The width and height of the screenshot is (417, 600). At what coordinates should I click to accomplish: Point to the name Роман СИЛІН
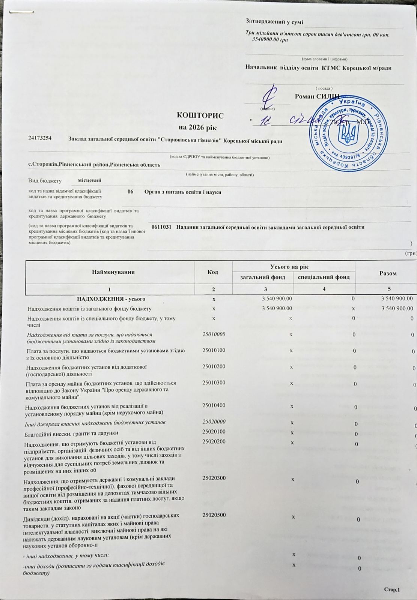pos(317,96)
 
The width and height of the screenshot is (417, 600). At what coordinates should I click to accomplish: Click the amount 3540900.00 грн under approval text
pos(270,40)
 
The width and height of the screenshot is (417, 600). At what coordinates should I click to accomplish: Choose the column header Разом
pos(388,273)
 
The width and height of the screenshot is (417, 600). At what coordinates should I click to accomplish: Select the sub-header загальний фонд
pos(263,277)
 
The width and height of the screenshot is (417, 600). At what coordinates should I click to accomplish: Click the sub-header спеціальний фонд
pos(324,277)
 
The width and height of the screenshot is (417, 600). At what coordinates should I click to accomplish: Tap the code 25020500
pos(214,515)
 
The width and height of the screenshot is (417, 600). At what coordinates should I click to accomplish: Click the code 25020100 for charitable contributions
pos(214,432)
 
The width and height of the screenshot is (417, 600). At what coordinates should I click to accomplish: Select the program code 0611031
pos(161,227)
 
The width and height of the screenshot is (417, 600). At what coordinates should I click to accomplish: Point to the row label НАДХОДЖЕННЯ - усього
pos(111,299)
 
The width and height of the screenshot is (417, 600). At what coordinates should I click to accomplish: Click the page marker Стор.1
pos(392,590)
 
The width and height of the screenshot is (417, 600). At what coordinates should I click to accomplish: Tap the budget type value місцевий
pos(89,180)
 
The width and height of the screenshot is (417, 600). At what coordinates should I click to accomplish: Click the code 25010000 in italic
pos(214,333)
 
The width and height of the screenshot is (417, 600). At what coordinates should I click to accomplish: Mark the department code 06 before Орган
pos(130,192)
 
